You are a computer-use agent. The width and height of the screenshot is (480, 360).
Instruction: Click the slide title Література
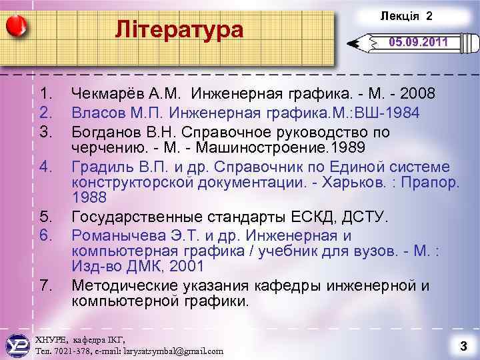[179, 30]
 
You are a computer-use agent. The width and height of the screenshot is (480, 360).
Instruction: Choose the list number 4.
[45, 166]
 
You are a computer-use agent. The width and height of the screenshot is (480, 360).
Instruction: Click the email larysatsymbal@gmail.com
[169, 350]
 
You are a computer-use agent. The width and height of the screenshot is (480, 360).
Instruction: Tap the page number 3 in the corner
[461, 345]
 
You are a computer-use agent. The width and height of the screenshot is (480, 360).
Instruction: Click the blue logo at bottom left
[16, 343]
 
